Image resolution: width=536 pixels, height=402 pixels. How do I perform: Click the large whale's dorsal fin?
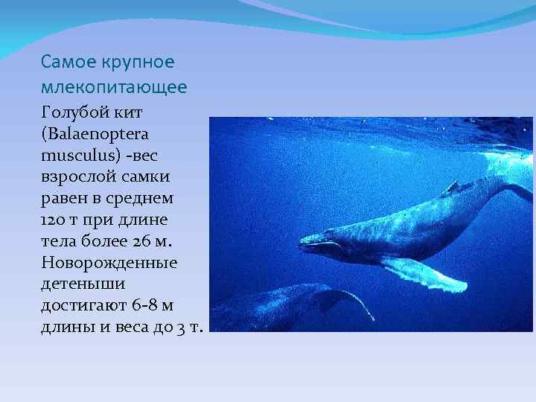(x=450, y=187)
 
